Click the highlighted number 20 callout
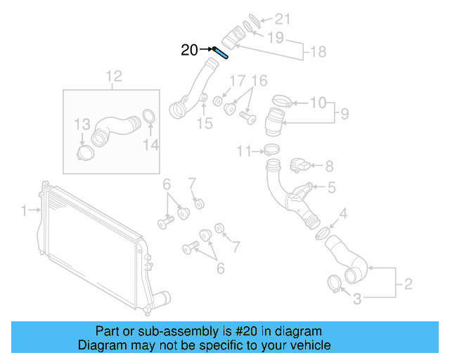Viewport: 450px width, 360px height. pyautogui.click(x=190, y=49)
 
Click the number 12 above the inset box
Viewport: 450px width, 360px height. pyautogui.click(x=114, y=76)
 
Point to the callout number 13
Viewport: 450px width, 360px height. pyautogui.click(x=83, y=124)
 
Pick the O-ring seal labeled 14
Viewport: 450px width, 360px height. pyautogui.click(x=149, y=116)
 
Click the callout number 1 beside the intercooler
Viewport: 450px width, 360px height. pyautogui.click(x=23, y=210)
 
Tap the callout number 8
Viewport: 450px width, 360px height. pyautogui.click(x=328, y=167)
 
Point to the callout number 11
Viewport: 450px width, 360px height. pyautogui.click(x=243, y=150)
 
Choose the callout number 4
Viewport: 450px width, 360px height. pyautogui.click(x=343, y=214)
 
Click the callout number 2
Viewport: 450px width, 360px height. pyautogui.click(x=407, y=285)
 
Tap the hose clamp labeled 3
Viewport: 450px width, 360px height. pyautogui.click(x=335, y=283)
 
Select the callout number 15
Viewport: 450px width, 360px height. pyautogui.click(x=204, y=124)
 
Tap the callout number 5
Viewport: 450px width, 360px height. pyautogui.click(x=331, y=188)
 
